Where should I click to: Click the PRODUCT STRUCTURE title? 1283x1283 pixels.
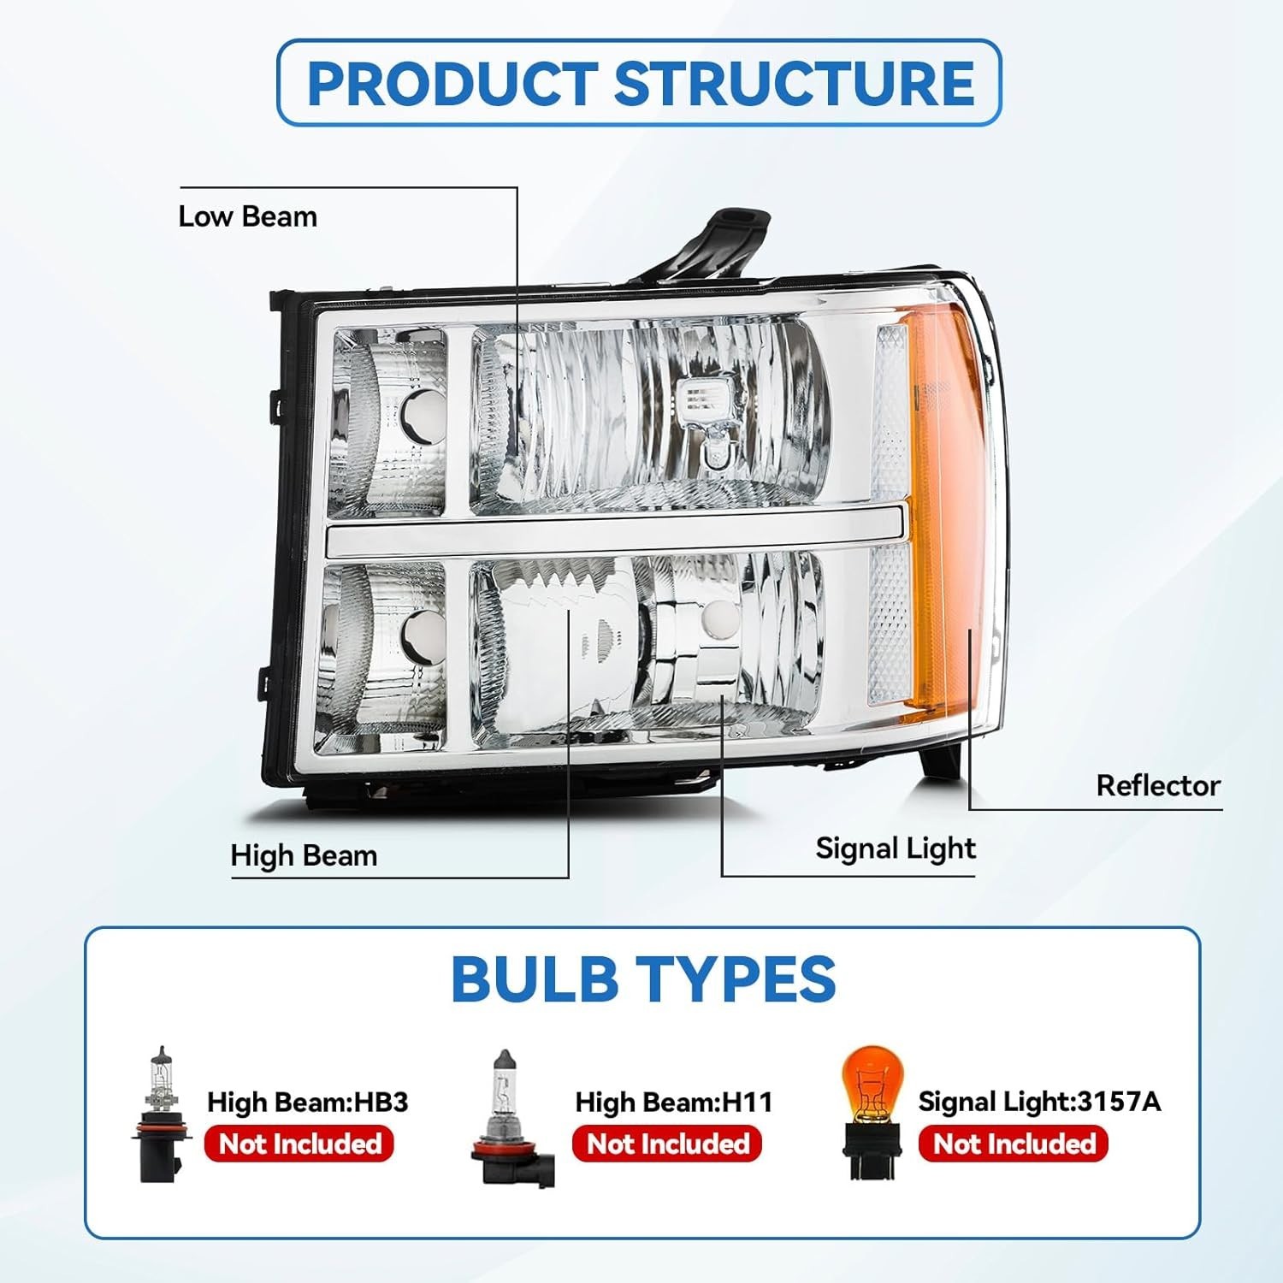(640, 83)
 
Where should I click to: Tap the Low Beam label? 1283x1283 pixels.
(247, 216)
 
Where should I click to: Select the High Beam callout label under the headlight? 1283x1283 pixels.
(304, 855)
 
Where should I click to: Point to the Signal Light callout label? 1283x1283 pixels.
(895, 848)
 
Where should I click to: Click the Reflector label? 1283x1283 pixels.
(1158, 785)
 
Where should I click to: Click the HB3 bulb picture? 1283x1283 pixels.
(161, 1114)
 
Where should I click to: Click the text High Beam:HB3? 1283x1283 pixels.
(307, 1102)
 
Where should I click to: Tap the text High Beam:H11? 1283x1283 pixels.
(673, 1102)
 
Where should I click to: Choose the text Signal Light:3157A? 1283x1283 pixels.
(1039, 1102)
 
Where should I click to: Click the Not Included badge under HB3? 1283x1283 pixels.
(299, 1144)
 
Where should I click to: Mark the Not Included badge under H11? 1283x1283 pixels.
(667, 1144)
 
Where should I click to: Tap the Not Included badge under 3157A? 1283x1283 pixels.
(1013, 1144)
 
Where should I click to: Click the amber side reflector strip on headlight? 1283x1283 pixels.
(941, 513)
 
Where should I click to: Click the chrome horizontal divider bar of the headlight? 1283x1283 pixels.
(616, 538)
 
